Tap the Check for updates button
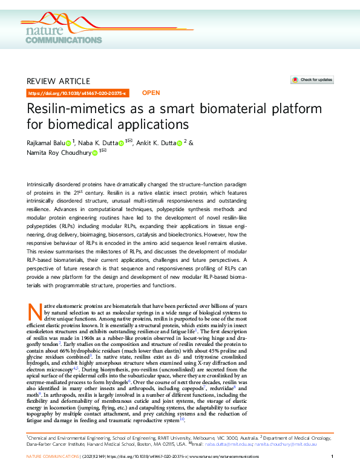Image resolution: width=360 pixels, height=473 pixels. [312, 79]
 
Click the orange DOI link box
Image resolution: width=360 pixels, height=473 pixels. [77, 94]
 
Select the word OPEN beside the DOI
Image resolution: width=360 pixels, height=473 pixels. [151, 93]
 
